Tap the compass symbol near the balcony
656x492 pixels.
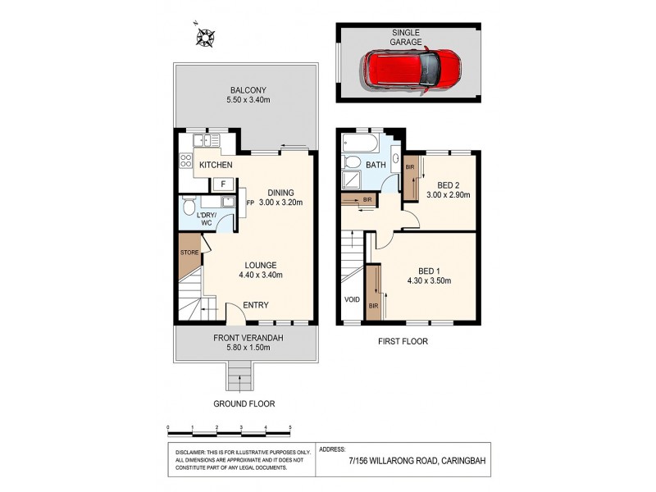[x=205, y=37]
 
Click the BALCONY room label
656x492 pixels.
[x=248, y=90]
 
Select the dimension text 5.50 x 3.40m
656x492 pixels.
[x=248, y=101]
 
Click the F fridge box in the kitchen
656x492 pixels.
[x=223, y=183]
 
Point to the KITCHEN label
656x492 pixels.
[x=216, y=166]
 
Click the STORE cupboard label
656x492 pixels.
[x=190, y=253]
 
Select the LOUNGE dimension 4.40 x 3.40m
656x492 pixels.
[x=260, y=276]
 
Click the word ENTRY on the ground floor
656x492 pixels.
[x=256, y=306]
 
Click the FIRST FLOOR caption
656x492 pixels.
[x=403, y=341]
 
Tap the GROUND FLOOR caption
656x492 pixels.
[x=244, y=403]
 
